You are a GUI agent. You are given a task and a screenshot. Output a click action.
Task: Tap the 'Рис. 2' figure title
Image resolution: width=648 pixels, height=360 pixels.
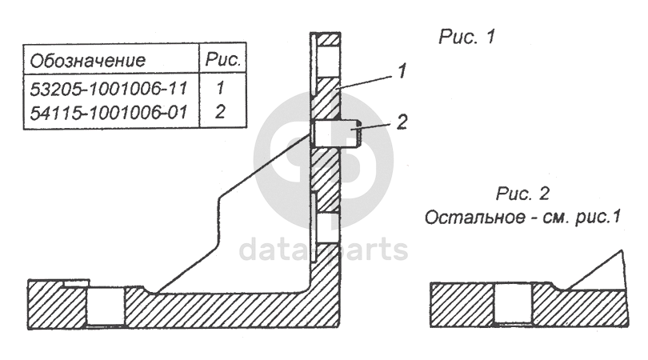pyautogui.click(x=522, y=193)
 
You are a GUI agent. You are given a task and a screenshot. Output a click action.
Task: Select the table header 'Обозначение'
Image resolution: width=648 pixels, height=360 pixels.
pyautogui.click(x=87, y=61)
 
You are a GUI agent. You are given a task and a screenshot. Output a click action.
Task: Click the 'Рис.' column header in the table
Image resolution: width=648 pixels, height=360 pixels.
pyautogui.click(x=222, y=60)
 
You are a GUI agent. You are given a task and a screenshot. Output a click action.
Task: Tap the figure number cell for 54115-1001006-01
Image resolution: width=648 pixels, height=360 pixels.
pyautogui.click(x=219, y=112)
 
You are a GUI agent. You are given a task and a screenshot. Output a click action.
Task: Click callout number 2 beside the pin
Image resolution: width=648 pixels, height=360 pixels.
pyautogui.click(x=402, y=122)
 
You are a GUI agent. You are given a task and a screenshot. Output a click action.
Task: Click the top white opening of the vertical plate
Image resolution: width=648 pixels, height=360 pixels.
pyautogui.click(x=328, y=60)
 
